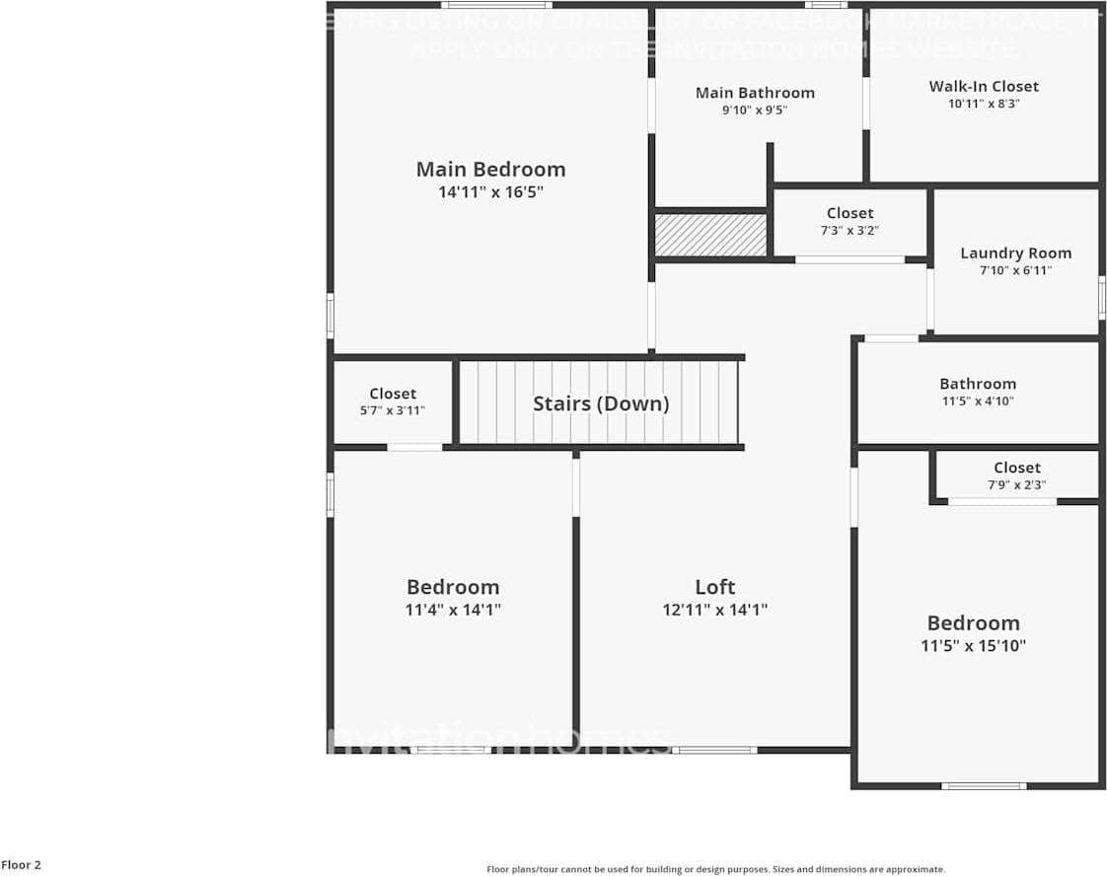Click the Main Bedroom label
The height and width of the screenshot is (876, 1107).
pyautogui.click(x=490, y=169)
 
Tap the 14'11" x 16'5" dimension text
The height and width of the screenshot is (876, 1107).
pyautogui.click(x=490, y=192)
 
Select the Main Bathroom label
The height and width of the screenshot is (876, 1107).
pyautogui.click(x=755, y=93)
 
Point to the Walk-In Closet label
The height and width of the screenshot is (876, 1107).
pyautogui.click(x=984, y=86)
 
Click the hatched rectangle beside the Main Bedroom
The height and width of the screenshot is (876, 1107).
pyautogui.click(x=710, y=235)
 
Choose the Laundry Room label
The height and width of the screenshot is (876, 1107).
pyautogui.click(x=1015, y=253)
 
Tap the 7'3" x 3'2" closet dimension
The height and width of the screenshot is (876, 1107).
pyautogui.click(x=849, y=231)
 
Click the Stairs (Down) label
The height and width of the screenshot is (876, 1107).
pyautogui.click(x=601, y=403)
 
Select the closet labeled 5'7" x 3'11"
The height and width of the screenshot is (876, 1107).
pyautogui.click(x=393, y=401)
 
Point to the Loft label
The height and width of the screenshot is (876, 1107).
pyautogui.click(x=714, y=586)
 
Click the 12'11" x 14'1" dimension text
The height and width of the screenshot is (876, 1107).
pyautogui.click(x=714, y=610)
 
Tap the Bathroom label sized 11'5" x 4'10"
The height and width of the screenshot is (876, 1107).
pyautogui.click(x=977, y=384)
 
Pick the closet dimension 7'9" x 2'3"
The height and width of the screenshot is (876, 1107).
pyautogui.click(x=1016, y=485)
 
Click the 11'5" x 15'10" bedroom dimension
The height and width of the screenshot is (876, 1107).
pyautogui.click(x=973, y=646)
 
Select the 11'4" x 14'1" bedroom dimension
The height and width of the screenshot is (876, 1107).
pyautogui.click(x=453, y=610)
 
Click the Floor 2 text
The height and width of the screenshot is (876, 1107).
pyautogui.click(x=22, y=865)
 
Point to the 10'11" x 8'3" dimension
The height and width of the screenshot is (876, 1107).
pyautogui.click(x=984, y=103)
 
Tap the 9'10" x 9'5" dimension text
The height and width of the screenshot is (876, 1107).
pyautogui.click(x=755, y=110)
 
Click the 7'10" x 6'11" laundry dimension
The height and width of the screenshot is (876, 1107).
pyautogui.click(x=1015, y=270)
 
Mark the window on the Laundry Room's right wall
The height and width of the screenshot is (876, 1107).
pyautogui.click(x=1101, y=297)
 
